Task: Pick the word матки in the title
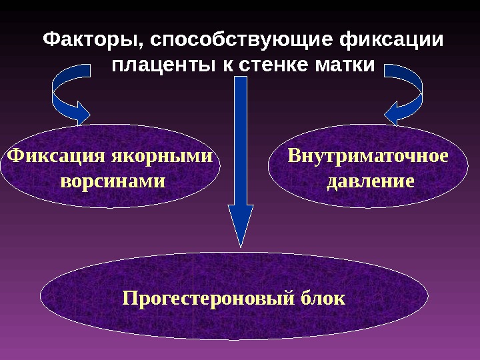343,67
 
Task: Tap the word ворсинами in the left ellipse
113,181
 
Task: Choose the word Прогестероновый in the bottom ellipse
207,297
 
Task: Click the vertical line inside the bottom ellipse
193,313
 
